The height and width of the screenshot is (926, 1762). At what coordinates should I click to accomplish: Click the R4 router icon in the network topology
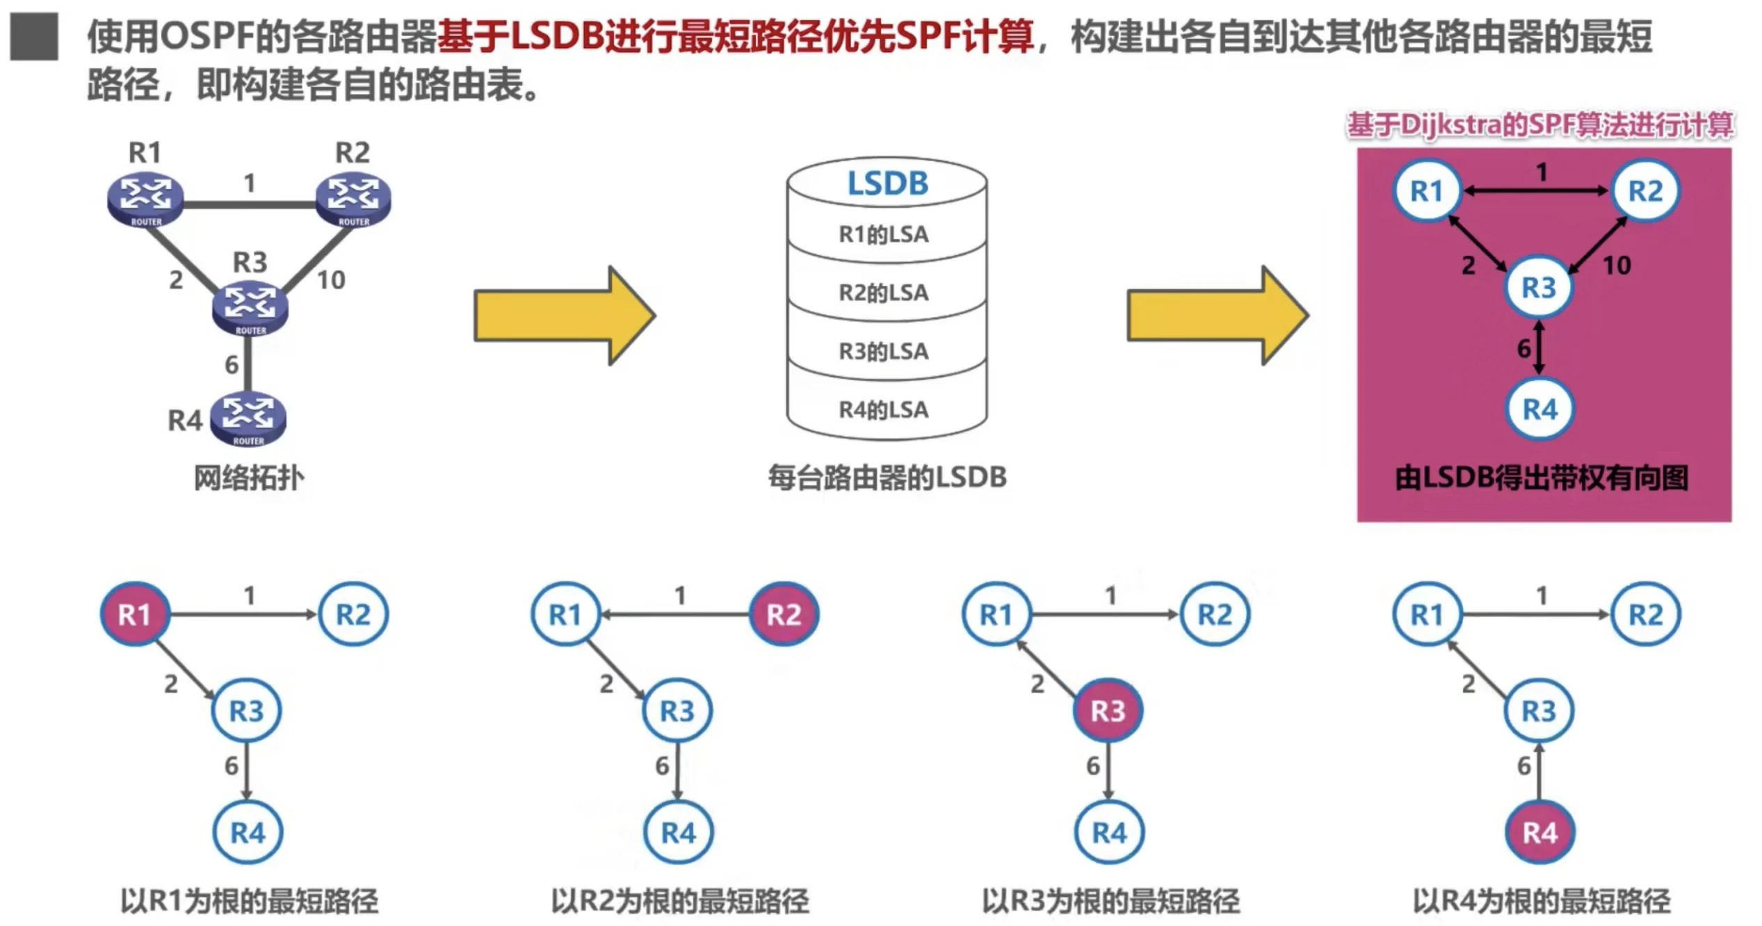tap(248, 419)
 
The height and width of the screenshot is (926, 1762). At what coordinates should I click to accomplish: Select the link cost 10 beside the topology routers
tap(331, 280)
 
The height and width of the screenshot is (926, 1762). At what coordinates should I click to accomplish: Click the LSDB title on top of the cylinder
tap(887, 184)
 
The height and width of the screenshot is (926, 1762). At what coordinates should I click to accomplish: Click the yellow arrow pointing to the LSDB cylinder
tap(564, 316)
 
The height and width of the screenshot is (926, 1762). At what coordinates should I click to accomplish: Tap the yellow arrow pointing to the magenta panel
tap(1217, 316)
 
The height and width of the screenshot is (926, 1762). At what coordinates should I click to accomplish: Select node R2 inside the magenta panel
tap(1645, 190)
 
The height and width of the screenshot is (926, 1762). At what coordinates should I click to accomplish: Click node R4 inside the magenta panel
tap(1539, 409)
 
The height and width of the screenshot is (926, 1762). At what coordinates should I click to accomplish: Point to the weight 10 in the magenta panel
tap(1617, 266)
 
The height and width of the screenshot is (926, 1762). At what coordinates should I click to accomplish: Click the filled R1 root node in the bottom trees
tap(135, 615)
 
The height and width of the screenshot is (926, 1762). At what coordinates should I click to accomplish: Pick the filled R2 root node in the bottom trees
tap(784, 615)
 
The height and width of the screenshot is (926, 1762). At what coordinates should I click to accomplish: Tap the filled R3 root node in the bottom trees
tap(1108, 711)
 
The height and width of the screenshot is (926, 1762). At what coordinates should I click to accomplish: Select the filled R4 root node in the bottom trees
tap(1539, 832)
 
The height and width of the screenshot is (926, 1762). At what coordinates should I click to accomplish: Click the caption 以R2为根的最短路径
tap(680, 902)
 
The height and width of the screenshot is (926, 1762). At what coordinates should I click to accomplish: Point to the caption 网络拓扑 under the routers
tap(248, 478)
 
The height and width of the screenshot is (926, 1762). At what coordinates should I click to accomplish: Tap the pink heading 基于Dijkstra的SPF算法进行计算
tap(1539, 126)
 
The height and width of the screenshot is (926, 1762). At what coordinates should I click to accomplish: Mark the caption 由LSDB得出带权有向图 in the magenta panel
tap(1542, 478)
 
